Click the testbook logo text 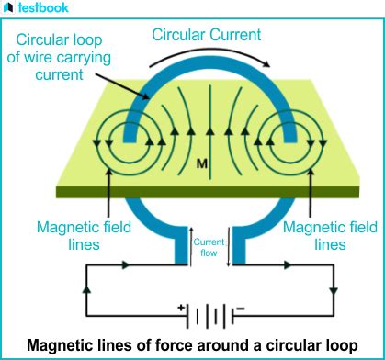[49, 11]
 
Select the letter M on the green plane [199, 163]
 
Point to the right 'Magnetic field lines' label [317, 235]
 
